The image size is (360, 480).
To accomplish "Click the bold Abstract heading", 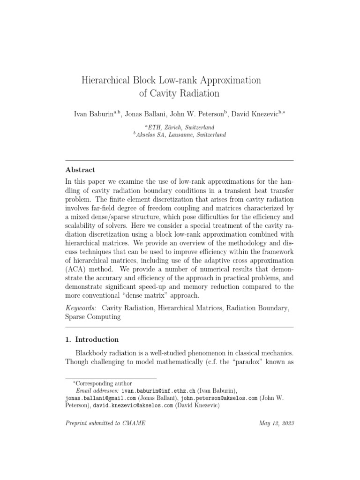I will pyautogui.click(x=80, y=170).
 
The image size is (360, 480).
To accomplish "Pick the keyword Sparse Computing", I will pyautogui.click(x=92, y=317).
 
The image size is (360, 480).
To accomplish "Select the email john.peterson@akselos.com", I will pyautogui.click(x=219, y=398).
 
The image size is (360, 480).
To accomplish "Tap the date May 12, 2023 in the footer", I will pyautogui.click(x=276, y=423).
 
